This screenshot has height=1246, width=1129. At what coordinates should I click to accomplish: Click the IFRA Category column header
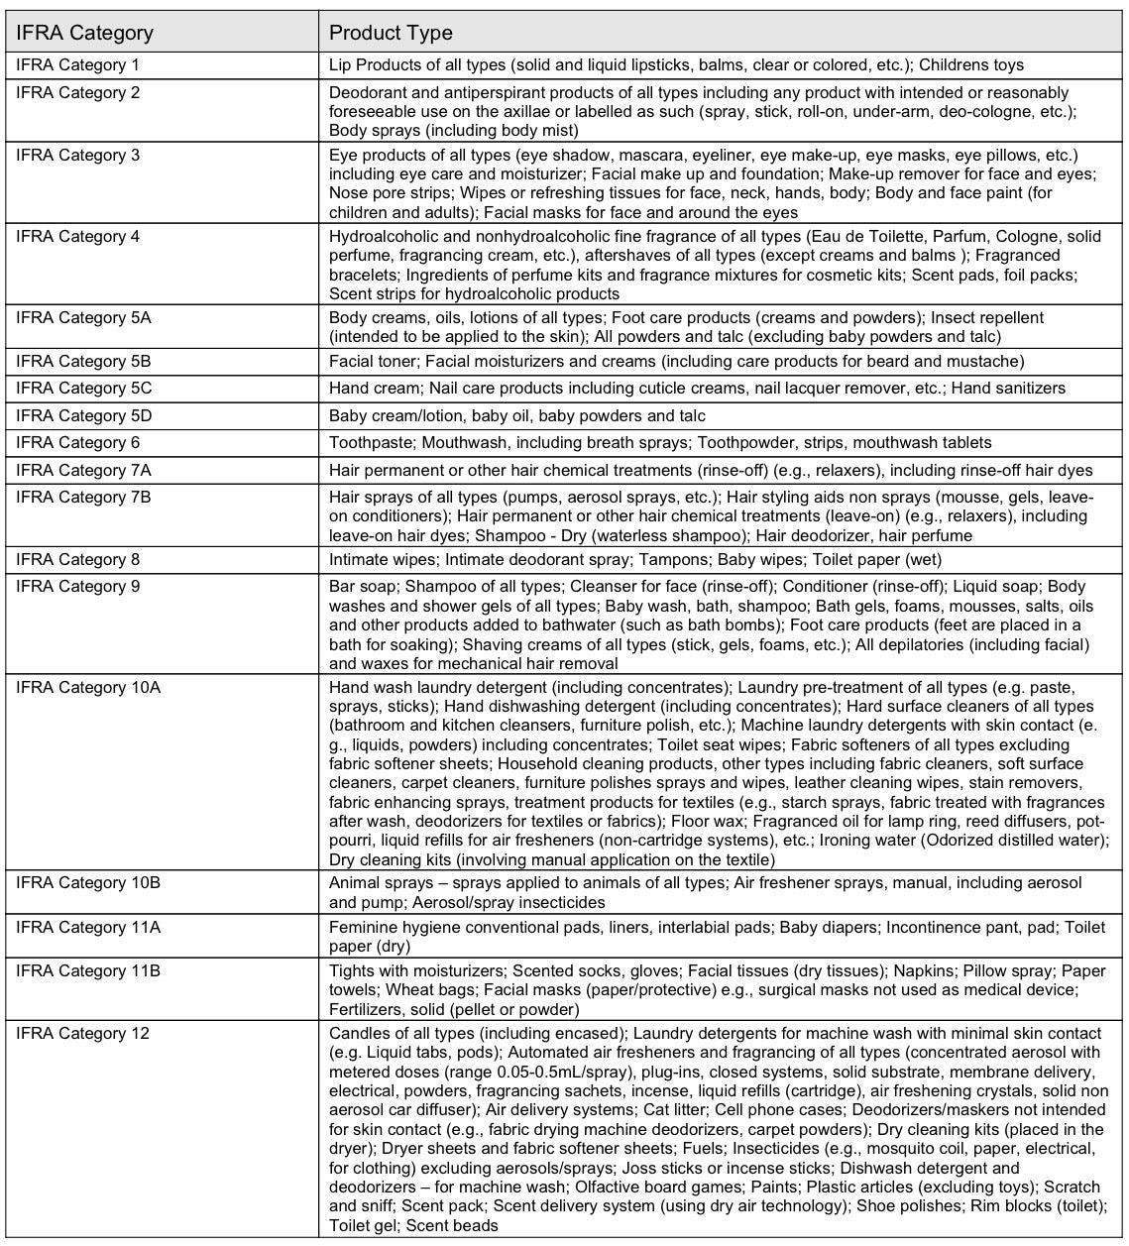coord(85,33)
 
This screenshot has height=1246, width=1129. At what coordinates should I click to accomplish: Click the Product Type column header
coord(391,33)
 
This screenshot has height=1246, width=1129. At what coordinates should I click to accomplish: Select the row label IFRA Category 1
coord(78,65)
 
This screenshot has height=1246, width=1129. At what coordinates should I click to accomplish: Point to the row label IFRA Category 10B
coord(88,882)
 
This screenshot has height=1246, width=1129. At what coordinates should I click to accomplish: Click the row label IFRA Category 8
coord(78,560)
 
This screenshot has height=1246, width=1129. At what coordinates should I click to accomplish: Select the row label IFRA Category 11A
coord(88,928)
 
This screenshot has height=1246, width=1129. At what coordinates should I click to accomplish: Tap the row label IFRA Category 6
coord(78,442)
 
